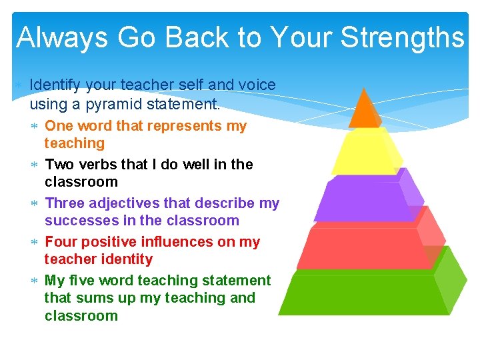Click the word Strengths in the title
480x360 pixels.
click(401, 38)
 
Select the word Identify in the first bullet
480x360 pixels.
click(55, 85)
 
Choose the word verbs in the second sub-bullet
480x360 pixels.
click(94, 164)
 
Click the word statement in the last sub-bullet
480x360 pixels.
click(238, 280)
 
